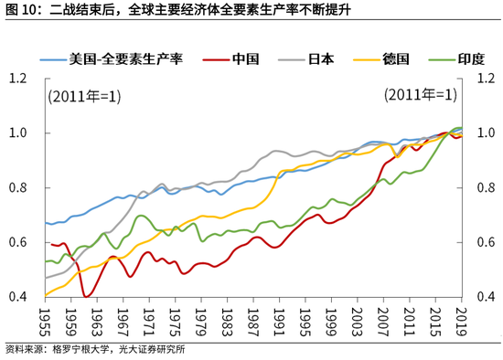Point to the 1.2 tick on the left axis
tap(19, 79)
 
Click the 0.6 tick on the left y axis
tap(19, 243)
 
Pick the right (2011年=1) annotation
tap(420, 95)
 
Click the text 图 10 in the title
tap(21, 11)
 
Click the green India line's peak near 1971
tap(142, 217)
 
